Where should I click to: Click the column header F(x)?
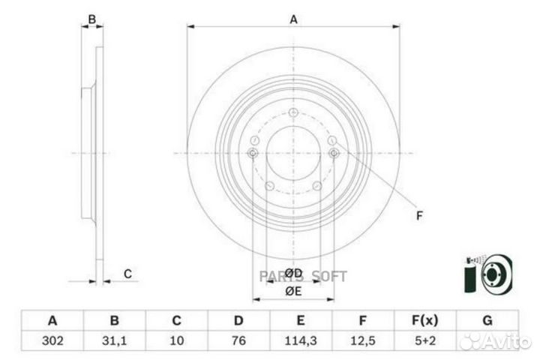[x=424, y=321]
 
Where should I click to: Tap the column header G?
[x=487, y=321]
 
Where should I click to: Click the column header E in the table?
[x=300, y=321]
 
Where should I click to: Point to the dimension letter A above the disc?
[x=294, y=20]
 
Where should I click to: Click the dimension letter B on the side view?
[x=92, y=19]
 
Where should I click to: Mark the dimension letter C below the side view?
[x=127, y=274]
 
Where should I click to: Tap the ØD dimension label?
[x=293, y=273]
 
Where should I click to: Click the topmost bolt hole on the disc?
[x=293, y=113]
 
